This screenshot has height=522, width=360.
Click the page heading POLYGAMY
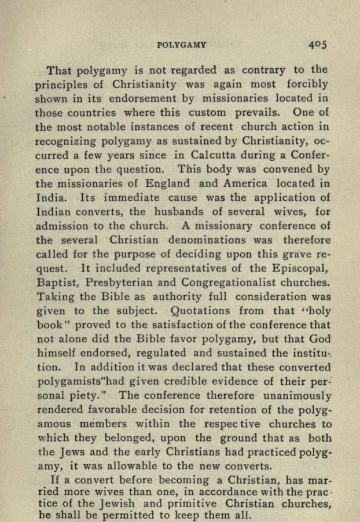[182, 44]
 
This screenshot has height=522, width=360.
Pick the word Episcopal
[299, 269]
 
